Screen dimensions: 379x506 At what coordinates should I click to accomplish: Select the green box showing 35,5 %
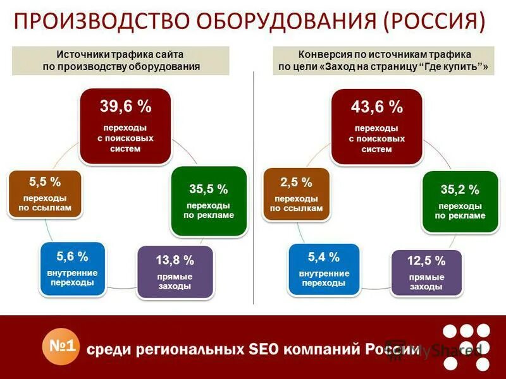209,201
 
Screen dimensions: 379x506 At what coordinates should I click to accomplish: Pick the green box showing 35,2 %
460,202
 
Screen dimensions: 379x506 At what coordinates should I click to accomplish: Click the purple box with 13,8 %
175,272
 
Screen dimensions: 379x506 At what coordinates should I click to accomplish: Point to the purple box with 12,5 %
426,273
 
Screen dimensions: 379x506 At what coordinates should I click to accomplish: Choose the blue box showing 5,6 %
72,268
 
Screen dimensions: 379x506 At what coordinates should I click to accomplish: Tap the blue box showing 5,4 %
324,269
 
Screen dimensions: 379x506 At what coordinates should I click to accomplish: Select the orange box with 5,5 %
45,194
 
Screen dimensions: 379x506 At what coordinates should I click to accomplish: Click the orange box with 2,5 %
296,194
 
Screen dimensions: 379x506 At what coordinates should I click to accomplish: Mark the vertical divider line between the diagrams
254,189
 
